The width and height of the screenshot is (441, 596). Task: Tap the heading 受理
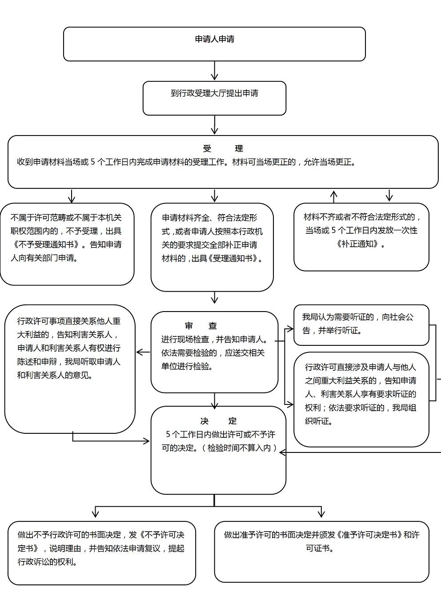click(223, 148)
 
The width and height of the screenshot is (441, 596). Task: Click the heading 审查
click(201, 326)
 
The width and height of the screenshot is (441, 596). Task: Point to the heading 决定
click(218, 421)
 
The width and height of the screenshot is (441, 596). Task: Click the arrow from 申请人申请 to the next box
click(215, 71)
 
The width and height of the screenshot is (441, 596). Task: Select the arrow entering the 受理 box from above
click(215, 125)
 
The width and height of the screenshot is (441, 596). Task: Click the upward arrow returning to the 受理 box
click(334, 196)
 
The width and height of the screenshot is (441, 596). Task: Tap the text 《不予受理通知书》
click(47, 244)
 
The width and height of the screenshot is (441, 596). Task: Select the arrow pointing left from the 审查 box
click(143, 352)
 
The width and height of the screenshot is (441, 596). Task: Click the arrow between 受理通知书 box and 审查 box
click(215, 298)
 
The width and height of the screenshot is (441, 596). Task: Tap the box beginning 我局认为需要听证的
click(361, 324)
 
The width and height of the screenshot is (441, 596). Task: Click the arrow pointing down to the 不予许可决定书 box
click(96, 512)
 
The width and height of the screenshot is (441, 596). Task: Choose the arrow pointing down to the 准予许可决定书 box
click(321, 512)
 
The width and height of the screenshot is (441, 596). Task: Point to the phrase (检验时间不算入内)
click(240, 448)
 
